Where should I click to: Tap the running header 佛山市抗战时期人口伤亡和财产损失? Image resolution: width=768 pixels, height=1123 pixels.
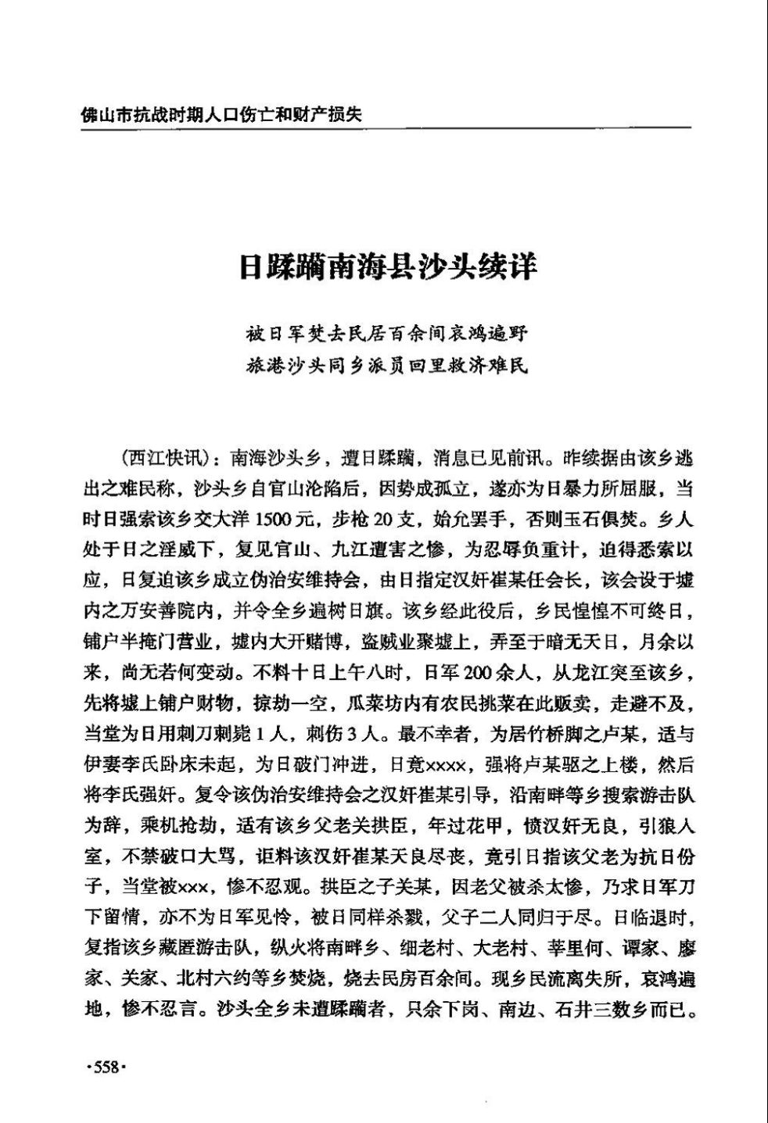221,115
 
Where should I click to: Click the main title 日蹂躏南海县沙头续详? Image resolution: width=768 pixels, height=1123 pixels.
388,266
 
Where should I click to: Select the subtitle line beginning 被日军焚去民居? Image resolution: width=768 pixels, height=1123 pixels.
387,334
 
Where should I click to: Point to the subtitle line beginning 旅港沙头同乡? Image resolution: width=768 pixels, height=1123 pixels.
387,364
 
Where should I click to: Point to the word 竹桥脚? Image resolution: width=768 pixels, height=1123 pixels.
545,734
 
